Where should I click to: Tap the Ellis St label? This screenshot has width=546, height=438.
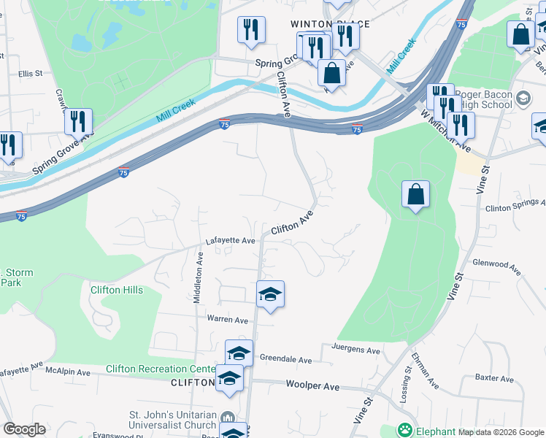click(x=31, y=74)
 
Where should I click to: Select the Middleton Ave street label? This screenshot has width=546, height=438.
click(x=196, y=276)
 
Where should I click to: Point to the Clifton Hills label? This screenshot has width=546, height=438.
click(x=117, y=290)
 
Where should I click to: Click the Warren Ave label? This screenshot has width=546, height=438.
click(x=228, y=320)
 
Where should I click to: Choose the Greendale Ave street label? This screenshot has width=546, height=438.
click(x=287, y=360)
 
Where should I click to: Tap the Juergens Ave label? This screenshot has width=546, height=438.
click(x=355, y=350)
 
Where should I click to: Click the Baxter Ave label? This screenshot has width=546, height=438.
click(x=495, y=378)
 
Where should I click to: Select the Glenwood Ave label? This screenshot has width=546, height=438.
click(x=496, y=266)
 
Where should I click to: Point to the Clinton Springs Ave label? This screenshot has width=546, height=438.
click(x=515, y=207)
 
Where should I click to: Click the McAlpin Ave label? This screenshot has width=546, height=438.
click(x=67, y=372)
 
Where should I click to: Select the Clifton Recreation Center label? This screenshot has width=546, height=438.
click(x=161, y=369)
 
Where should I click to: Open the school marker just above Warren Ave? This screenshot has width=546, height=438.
click(x=270, y=294)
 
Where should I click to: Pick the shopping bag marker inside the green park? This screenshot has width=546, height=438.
click(x=415, y=194)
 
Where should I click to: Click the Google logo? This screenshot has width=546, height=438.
click(x=23, y=429)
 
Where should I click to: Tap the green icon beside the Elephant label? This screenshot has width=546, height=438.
click(x=404, y=430)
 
